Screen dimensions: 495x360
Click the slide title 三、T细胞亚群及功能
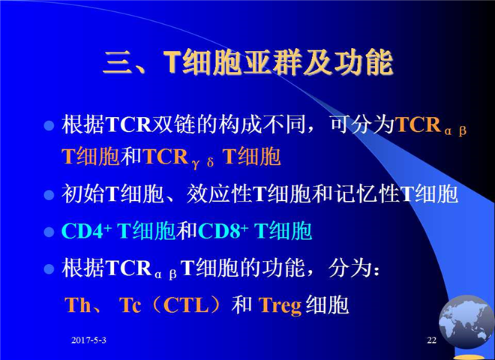click(x=248, y=62)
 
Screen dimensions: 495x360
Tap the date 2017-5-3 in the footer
click(x=88, y=340)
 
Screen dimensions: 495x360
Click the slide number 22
click(x=431, y=340)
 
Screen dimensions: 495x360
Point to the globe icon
click(x=465, y=322)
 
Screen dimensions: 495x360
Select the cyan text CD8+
click(x=223, y=231)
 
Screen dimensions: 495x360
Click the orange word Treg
click(x=280, y=306)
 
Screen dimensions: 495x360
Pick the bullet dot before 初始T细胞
click(x=49, y=194)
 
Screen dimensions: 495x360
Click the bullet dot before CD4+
click(x=49, y=232)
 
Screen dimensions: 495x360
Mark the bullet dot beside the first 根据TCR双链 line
click(x=49, y=126)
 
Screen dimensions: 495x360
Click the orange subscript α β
click(x=455, y=130)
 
